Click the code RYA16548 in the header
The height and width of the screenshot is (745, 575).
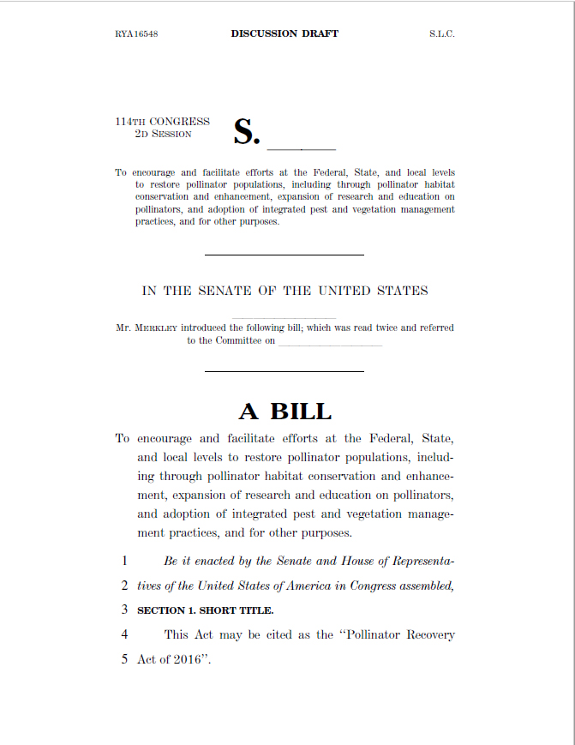click(136, 34)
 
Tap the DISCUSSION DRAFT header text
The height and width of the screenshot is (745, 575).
click(285, 34)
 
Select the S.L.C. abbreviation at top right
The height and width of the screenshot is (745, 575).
click(442, 34)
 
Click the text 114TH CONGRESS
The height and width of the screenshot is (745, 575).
click(163, 122)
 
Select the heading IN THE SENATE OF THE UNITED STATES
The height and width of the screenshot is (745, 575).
click(285, 291)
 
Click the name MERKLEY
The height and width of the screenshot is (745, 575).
click(157, 327)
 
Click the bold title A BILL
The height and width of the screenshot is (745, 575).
click(285, 412)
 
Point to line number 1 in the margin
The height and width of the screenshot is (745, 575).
click(124, 562)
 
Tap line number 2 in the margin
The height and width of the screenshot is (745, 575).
click(124, 586)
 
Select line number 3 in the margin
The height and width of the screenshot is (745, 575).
click(124, 610)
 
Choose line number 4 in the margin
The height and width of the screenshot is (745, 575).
click(124, 635)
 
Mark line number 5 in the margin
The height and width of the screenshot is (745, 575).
click(124, 660)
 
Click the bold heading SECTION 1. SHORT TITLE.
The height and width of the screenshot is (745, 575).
click(206, 610)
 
